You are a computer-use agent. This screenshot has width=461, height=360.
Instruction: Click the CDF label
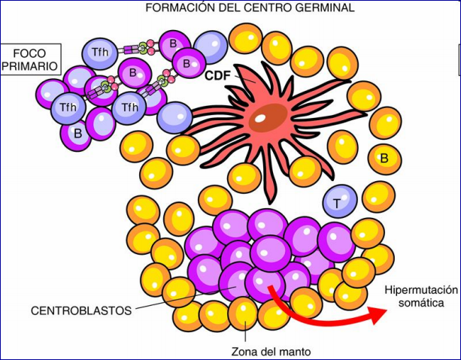click(218, 76)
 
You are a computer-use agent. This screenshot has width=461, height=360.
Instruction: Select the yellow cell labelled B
click(383, 158)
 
